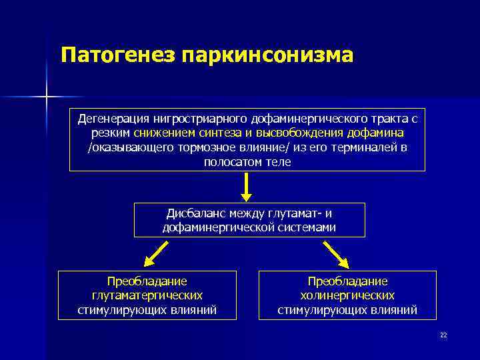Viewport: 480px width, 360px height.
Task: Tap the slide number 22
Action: click(x=443, y=335)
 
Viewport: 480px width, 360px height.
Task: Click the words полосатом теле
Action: click(x=247, y=162)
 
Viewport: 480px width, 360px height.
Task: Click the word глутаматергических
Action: click(x=147, y=295)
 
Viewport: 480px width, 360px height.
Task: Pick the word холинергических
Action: click(x=347, y=295)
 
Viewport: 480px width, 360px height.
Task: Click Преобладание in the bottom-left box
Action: click(x=147, y=281)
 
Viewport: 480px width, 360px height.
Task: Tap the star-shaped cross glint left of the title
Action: click(x=47, y=97)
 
